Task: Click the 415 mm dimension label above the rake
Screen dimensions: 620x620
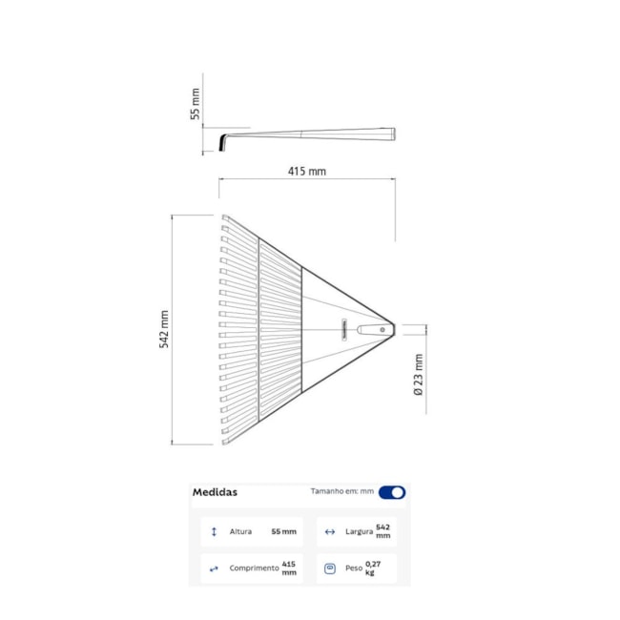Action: tap(306, 172)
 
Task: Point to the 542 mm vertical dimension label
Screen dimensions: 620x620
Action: tap(163, 329)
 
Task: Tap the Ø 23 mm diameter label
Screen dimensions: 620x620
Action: tap(418, 375)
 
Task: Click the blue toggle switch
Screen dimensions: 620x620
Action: tap(391, 492)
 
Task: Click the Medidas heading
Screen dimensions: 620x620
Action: tap(215, 492)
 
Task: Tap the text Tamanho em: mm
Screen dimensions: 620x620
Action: tap(341, 491)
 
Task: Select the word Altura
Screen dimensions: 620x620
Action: tap(240, 531)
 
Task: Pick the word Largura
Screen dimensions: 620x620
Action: tap(358, 531)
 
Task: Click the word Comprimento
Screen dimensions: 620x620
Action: tap(254, 568)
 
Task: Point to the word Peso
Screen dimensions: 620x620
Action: tap(354, 568)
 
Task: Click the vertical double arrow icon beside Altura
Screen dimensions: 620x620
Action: tap(214, 531)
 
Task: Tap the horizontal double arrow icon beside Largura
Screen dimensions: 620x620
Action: tap(330, 531)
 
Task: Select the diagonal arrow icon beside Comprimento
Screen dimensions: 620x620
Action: tap(214, 568)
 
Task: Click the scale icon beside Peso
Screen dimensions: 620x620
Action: tap(330, 568)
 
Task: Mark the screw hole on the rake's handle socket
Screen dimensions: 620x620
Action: tap(382, 329)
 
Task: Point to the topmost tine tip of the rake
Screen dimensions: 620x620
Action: tap(225, 218)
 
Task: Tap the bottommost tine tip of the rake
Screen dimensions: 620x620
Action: tap(225, 441)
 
